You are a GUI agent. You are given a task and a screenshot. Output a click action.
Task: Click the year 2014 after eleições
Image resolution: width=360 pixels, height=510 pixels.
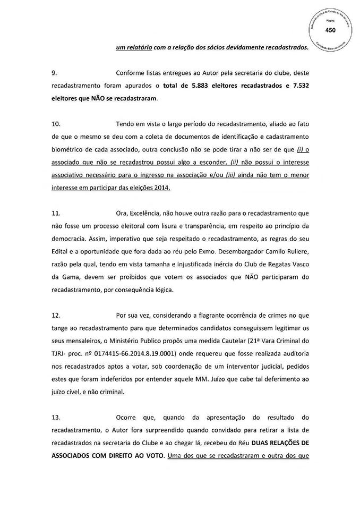[177, 188]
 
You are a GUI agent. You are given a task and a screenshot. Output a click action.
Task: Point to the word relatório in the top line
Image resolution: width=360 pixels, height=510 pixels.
[134, 47]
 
